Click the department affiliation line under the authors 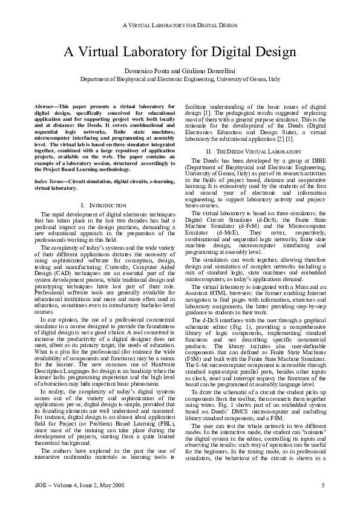tap(180, 79)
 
